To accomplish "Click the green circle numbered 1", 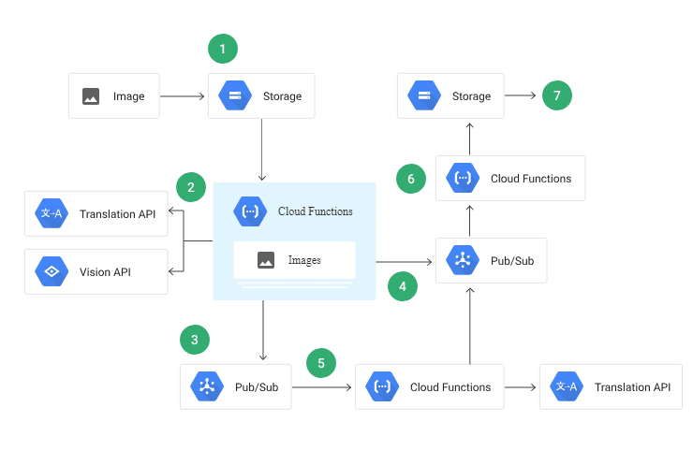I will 222,48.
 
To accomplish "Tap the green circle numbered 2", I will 191,187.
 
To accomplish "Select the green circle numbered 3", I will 194,339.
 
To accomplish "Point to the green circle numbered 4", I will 403,286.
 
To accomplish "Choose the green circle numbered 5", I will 320,363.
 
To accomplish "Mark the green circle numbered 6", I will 411,178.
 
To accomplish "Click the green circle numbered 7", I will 556,95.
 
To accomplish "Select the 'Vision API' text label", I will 105,272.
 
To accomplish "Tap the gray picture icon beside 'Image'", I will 91,96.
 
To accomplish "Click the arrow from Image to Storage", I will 183,96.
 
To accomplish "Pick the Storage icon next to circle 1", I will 233,95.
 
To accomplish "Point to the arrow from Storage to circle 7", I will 520,95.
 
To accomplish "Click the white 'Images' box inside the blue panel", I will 294,260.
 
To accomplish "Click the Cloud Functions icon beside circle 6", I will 462,178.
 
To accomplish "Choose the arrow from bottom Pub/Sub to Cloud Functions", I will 323,386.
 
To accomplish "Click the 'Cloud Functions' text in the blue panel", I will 316,211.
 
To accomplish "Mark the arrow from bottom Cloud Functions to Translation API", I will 522,386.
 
